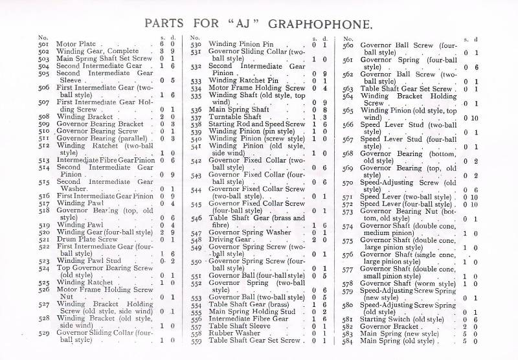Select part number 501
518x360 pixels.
pyautogui.click(x=44, y=45)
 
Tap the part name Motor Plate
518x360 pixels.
pyautogui.click(x=77, y=45)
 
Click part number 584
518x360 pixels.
pyautogui.click(x=348, y=341)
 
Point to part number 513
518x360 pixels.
pyautogui.click(x=44, y=160)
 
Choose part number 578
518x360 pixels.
pyautogui.click(x=348, y=283)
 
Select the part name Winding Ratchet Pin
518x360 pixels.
pyautogui.click(x=243, y=80)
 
